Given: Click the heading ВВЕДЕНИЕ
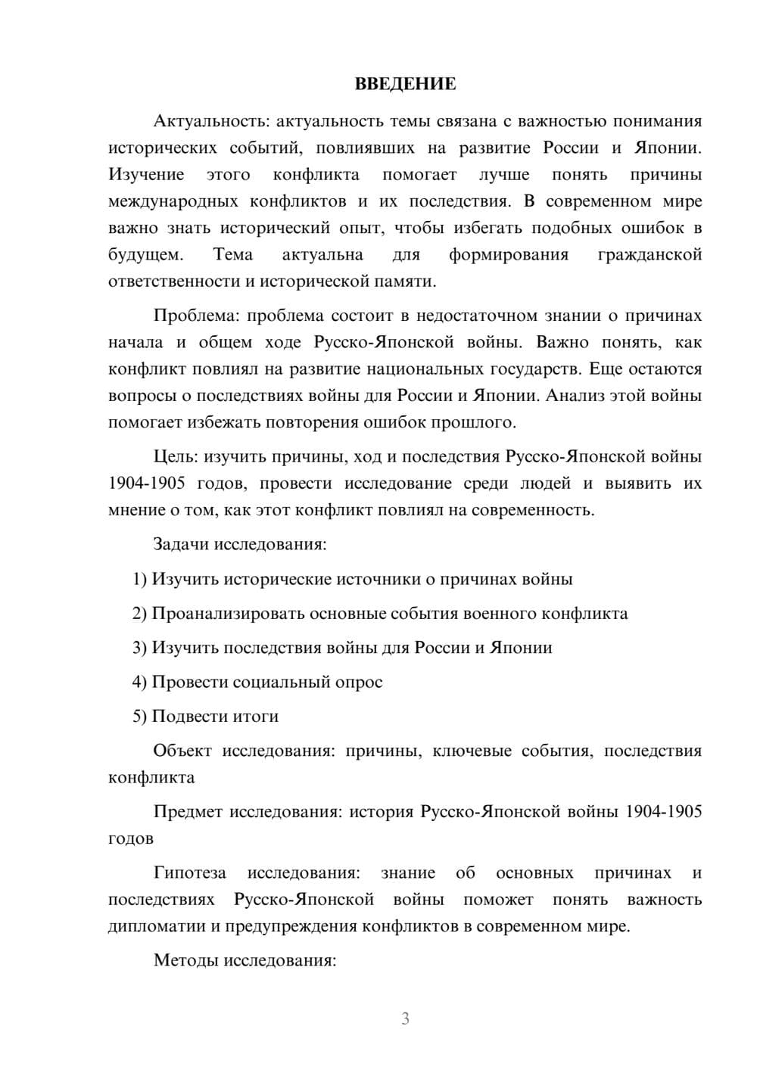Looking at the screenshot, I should pyautogui.click(x=405, y=85).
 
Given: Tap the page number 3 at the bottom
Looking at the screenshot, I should pyautogui.click(x=405, y=1019).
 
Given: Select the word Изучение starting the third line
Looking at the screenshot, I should pyautogui.click(x=146, y=175).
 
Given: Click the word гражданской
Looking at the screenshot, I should pyautogui.click(x=650, y=255).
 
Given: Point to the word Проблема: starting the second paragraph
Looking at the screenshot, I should pyautogui.click(x=195, y=316).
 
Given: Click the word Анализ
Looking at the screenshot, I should pyautogui.click(x=575, y=396).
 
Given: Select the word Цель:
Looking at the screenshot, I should pyautogui.click(x=176, y=457).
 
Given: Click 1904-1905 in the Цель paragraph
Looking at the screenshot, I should pyautogui.click(x=147, y=484).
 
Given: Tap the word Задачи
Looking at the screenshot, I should pyautogui.click(x=182, y=545).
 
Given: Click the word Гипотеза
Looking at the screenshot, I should pyautogui.click(x=189, y=873).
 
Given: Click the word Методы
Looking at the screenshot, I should pyautogui.click(x=184, y=961).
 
